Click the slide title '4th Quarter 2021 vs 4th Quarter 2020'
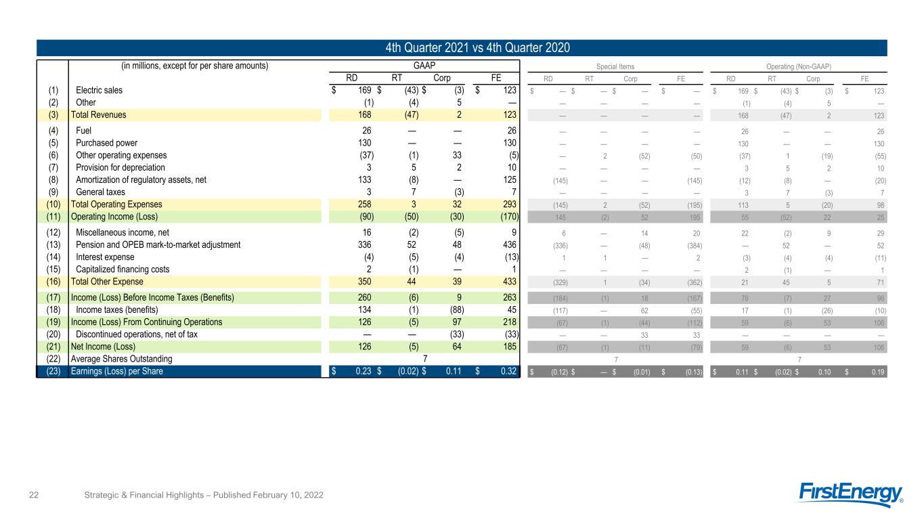tap(477, 48)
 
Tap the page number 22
tap(34, 495)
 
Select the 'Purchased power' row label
tap(106, 143)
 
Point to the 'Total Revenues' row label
tap(99, 114)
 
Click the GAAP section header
tap(424, 66)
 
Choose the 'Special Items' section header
tap(615, 66)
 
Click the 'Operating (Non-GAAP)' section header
tap(799, 66)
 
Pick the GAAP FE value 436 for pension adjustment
tap(510, 244)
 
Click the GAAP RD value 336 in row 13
tap(365, 244)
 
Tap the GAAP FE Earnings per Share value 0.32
tap(508, 371)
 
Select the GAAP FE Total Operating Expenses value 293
tap(510, 204)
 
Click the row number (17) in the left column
tap(53, 297)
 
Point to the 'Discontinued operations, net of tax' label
tap(137, 334)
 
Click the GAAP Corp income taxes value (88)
tap(457, 309)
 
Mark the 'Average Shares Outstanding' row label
tap(122, 359)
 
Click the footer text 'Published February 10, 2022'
tap(268, 495)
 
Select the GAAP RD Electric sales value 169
tap(365, 90)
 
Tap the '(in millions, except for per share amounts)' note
tap(195, 66)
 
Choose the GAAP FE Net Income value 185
tap(510, 346)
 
